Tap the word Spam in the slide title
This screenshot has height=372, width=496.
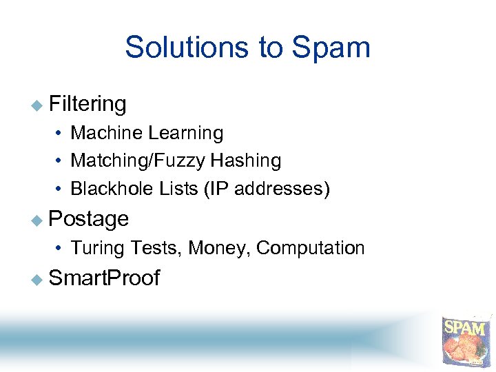click(331, 48)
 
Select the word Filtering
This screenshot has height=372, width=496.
click(87, 104)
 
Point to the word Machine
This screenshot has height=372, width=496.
click(105, 132)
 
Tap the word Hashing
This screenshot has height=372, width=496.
click(246, 161)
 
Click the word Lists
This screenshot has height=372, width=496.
click(178, 189)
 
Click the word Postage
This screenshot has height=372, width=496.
click(89, 219)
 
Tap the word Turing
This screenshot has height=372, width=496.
click(97, 248)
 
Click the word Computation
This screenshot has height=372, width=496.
click(310, 248)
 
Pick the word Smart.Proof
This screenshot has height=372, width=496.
click(105, 278)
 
